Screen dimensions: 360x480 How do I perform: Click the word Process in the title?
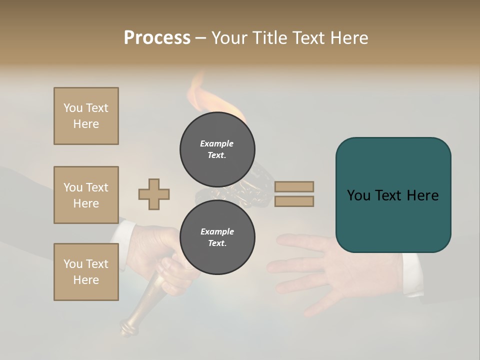(x=157, y=38)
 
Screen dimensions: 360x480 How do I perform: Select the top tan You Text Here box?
(x=86, y=116)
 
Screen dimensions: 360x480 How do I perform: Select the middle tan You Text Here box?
(x=86, y=195)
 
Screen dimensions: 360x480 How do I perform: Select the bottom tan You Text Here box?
(x=86, y=271)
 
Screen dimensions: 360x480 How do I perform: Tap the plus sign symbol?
(x=154, y=194)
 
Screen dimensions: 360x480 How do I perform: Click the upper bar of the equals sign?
(x=294, y=186)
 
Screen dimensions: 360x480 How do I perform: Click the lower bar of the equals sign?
(x=294, y=201)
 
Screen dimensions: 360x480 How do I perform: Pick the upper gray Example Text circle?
(x=217, y=149)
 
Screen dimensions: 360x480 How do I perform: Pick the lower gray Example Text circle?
(x=217, y=237)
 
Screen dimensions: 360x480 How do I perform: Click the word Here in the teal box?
(x=422, y=195)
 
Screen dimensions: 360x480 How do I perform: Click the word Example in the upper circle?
(x=216, y=143)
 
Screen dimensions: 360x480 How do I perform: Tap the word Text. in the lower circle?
(x=217, y=243)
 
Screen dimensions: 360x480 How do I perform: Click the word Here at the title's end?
(x=349, y=38)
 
